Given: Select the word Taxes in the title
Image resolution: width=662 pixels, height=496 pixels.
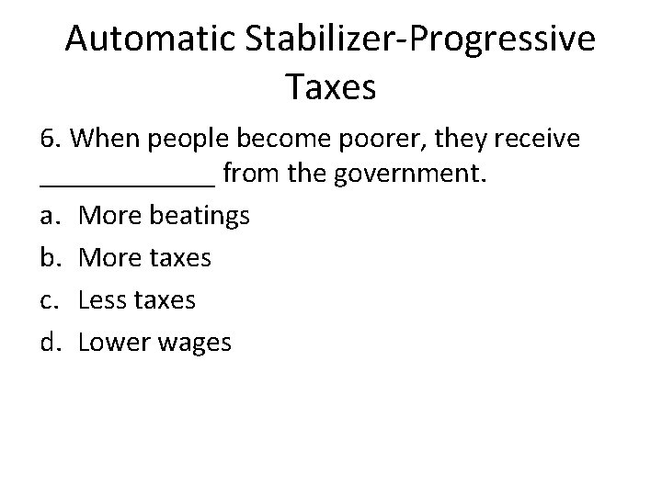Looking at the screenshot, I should click(331, 88).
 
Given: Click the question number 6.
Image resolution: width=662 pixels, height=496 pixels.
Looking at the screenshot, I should click(50, 140).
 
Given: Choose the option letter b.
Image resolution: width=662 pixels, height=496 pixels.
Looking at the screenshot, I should click(50, 258).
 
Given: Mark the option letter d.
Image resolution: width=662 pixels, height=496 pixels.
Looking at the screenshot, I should click(50, 343).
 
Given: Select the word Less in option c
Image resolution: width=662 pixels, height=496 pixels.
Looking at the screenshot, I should click(103, 300).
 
